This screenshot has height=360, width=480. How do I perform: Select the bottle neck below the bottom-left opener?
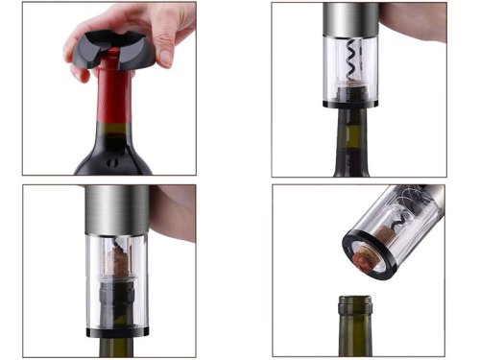tap(118, 348)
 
